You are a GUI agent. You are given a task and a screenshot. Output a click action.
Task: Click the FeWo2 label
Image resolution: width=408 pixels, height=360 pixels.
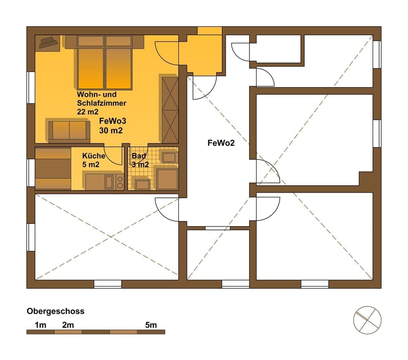click(x=221, y=143)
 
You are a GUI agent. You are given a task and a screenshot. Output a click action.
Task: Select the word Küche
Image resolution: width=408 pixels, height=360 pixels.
click(x=93, y=156)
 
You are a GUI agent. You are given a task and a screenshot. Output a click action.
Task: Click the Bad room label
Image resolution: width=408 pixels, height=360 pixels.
click(x=139, y=156)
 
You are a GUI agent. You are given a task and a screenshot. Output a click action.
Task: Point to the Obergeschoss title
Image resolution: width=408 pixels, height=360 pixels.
click(x=55, y=311)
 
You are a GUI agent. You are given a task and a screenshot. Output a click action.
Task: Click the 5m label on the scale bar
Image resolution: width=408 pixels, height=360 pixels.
click(x=151, y=325)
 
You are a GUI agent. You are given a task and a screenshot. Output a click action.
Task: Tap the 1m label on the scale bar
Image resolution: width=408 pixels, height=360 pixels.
click(x=40, y=325)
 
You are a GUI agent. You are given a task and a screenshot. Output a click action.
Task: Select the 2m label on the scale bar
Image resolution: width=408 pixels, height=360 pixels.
click(x=68, y=325)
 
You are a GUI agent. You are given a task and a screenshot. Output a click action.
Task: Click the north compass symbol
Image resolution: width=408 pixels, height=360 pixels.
click(x=367, y=320)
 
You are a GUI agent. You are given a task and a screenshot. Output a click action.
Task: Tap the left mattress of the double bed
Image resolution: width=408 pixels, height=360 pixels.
click(x=91, y=68)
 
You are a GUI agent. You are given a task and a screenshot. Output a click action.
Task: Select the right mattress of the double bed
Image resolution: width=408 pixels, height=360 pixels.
click(x=119, y=68)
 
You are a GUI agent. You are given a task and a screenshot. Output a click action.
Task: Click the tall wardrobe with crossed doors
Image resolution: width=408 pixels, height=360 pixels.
click(x=170, y=109)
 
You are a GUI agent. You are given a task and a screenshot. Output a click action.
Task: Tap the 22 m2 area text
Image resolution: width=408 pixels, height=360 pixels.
click(x=88, y=112)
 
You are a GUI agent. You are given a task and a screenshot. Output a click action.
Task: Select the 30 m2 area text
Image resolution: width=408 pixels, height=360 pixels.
click(x=111, y=130)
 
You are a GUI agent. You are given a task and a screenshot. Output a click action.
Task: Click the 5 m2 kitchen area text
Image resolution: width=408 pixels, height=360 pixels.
click(x=91, y=164)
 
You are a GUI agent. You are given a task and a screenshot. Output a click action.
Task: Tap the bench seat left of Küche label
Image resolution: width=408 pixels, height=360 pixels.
click(x=53, y=169)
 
